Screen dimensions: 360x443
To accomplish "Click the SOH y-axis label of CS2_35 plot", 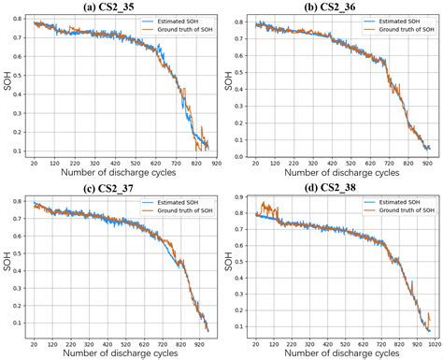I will pyautogui.click(x=7, y=88).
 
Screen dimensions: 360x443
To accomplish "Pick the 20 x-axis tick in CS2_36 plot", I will pyautogui.click(x=253, y=163).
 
